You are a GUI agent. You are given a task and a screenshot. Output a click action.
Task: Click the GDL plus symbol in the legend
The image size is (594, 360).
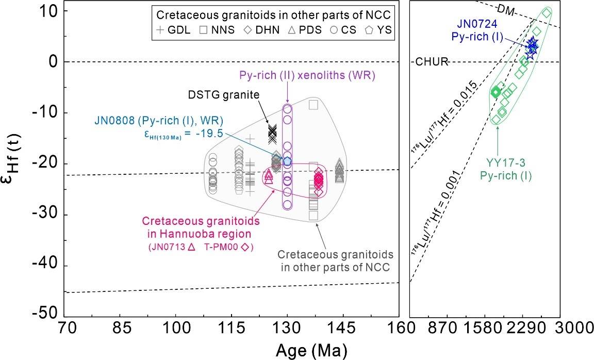click(x=160, y=30)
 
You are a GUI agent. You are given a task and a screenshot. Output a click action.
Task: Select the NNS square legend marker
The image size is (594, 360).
click(x=203, y=30)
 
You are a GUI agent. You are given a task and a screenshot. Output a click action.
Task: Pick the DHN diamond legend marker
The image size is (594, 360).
click(x=249, y=30)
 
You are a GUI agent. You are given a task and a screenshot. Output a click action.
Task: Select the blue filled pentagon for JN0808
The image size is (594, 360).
click(x=287, y=161)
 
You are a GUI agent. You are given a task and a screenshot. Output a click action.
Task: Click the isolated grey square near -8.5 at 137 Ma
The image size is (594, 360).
click(x=313, y=105)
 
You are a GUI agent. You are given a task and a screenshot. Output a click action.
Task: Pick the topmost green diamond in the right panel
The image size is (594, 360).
click(x=547, y=13)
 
